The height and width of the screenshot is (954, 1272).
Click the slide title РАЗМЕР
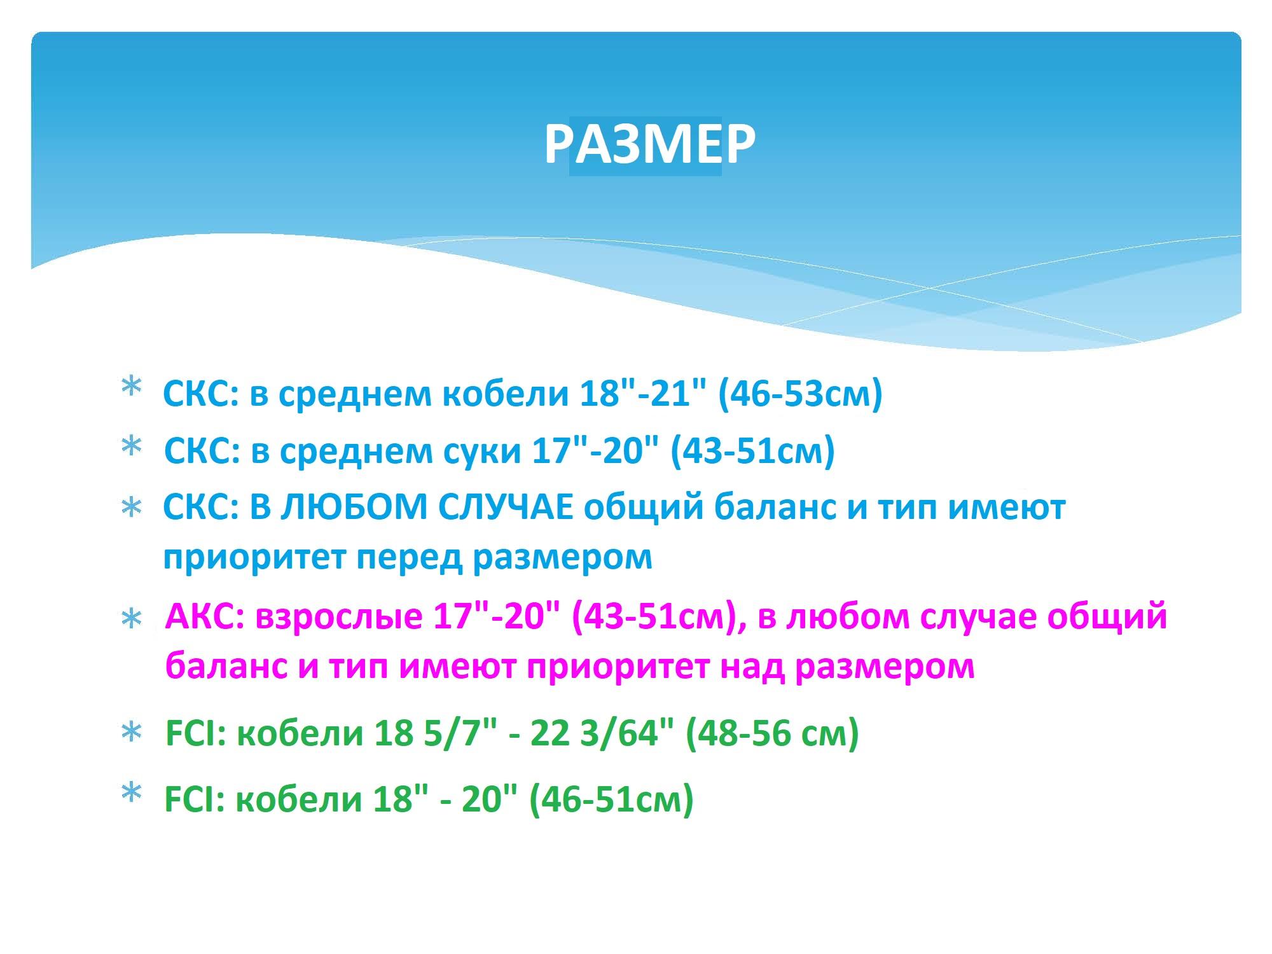coord(650,144)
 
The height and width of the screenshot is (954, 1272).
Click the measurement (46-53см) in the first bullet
coord(800,394)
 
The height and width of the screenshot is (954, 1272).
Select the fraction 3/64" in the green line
coord(626,733)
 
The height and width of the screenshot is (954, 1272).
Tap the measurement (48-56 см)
coord(772,733)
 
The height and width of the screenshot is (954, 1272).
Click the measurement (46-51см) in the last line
coord(611,799)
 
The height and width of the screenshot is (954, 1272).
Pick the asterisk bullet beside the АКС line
coord(131,619)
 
